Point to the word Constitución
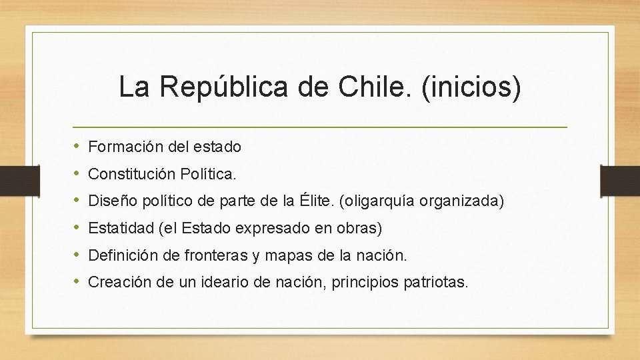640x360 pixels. pyautogui.click(x=131, y=174)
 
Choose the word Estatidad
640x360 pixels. pyautogui.click(x=120, y=228)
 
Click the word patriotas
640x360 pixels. pyautogui.click(x=436, y=283)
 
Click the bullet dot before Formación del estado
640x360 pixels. pyautogui.click(x=77, y=146)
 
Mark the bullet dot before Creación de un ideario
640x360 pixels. pyautogui.click(x=77, y=283)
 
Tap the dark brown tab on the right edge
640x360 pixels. pyautogui.click(x=620, y=180)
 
